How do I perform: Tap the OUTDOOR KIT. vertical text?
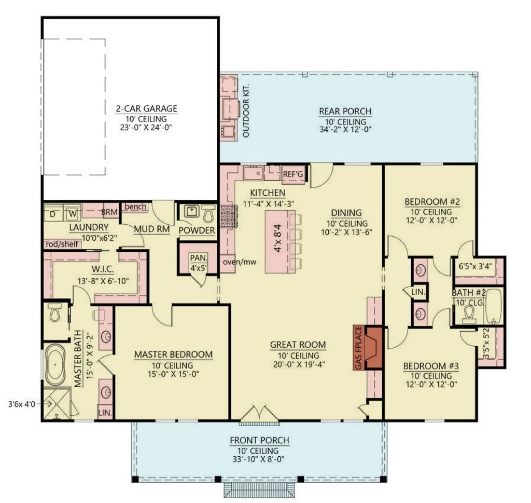click(x=246, y=111)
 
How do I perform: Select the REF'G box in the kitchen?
click(x=292, y=175)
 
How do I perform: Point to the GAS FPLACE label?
click(x=358, y=348)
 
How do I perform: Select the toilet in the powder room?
click(x=208, y=213)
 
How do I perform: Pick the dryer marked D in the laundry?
click(x=53, y=213)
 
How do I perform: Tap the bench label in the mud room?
click(x=135, y=207)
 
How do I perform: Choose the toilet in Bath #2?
click(x=470, y=314)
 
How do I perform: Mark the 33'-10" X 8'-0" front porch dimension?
click(x=259, y=459)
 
